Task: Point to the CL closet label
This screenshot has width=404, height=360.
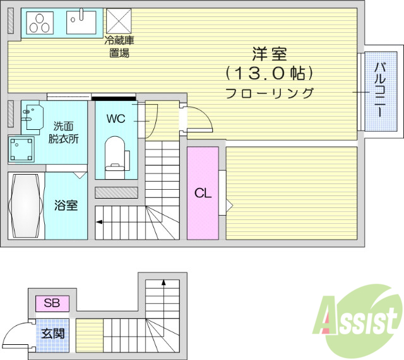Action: [x=202, y=194]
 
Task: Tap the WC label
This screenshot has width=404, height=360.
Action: [x=116, y=119]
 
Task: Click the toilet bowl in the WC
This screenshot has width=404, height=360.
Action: [x=115, y=153]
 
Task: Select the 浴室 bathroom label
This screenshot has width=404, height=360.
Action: [x=66, y=205]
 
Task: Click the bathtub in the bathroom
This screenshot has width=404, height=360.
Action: [x=27, y=206]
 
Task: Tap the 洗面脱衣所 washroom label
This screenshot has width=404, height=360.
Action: [x=64, y=132]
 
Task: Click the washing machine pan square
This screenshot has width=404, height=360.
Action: [x=22, y=149]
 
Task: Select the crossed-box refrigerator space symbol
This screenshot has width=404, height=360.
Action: [x=118, y=21]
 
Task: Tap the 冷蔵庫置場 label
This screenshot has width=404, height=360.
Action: [x=119, y=47]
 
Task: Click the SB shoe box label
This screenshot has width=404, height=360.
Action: [x=52, y=303]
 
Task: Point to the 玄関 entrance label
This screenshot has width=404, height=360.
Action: [x=52, y=333]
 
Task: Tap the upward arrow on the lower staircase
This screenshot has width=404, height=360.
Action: [x=163, y=283]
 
